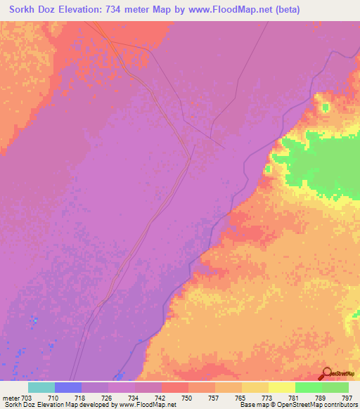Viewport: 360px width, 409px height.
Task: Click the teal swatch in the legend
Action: click(41, 387)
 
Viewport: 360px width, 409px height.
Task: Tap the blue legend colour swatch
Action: click(68, 387)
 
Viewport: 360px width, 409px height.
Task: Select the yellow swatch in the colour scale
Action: click(282, 387)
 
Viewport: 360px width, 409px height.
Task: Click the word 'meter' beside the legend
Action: click(9, 398)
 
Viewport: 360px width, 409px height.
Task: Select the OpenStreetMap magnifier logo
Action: click(326, 374)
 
